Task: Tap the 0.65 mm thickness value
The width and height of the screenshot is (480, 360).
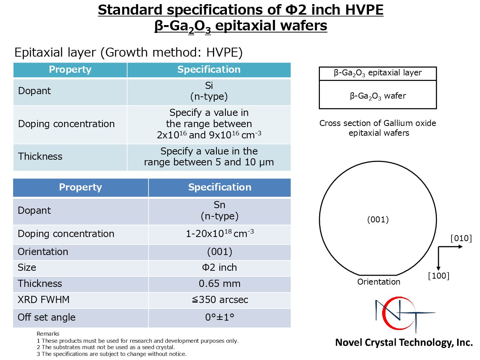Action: pyautogui.click(x=219, y=284)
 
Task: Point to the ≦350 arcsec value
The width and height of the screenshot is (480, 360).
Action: pyautogui.click(x=220, y=300)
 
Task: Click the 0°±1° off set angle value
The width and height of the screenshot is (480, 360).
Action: pyautogui.click(x=219, y=317)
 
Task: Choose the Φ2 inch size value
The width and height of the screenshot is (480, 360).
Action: pyautogui.click(x=219, y=267)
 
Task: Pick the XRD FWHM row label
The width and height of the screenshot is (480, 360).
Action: pyautogui.click(x=43, y=300)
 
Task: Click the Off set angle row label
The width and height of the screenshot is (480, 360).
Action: pyautogui.click(x=46, y=317)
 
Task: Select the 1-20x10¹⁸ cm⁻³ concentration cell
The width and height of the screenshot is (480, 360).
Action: pyautogui.click(x=220, y=234)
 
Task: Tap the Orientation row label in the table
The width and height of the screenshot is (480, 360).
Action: pyautogui.click(x=43, y=252)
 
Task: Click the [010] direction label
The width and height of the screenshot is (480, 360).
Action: pyautogui.click(x=461, y=238)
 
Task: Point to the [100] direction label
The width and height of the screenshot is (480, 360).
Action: pyautogui.click(x=439, y=276)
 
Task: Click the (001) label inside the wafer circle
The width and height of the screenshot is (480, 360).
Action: pyautogui.click(x=378, y=219)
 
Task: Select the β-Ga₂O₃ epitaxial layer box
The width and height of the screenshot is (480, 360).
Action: pyautogui.click(x=378, y=73)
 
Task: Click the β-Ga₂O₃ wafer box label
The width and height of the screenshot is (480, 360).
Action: pyautogui.click(x=378, y=96)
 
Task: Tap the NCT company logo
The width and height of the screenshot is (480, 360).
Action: pyautogui.click(x=405, y=315)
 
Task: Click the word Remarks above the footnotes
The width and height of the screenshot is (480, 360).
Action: pyautogui.click(x=48, y=334)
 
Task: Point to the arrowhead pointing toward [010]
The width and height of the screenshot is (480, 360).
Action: pyautogui.click(x=460, y=247)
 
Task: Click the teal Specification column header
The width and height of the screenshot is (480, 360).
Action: pyautogui.click(x=209, y=70)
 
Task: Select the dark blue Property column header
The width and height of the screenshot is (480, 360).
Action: pyautogui.click(x=81, y=187)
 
